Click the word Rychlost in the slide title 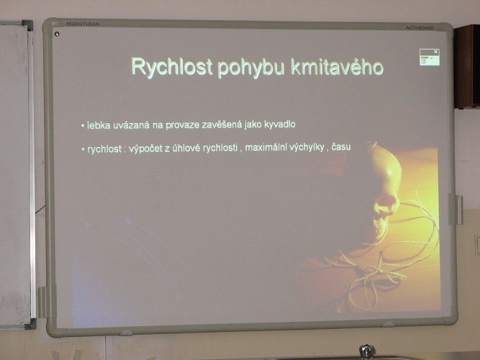(x=172, y=67)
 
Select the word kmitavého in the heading (x=337, y=67)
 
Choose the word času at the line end (x=341, y=147)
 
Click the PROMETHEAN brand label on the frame (x=83, y=24)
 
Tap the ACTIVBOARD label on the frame (x=420, y=28)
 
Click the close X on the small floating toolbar (x=436, y=51)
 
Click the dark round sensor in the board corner (x=57, y=34)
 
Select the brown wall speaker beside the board (x=466, y=67)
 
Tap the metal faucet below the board (x=367, y=352)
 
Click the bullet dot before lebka (x=83, y=125)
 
